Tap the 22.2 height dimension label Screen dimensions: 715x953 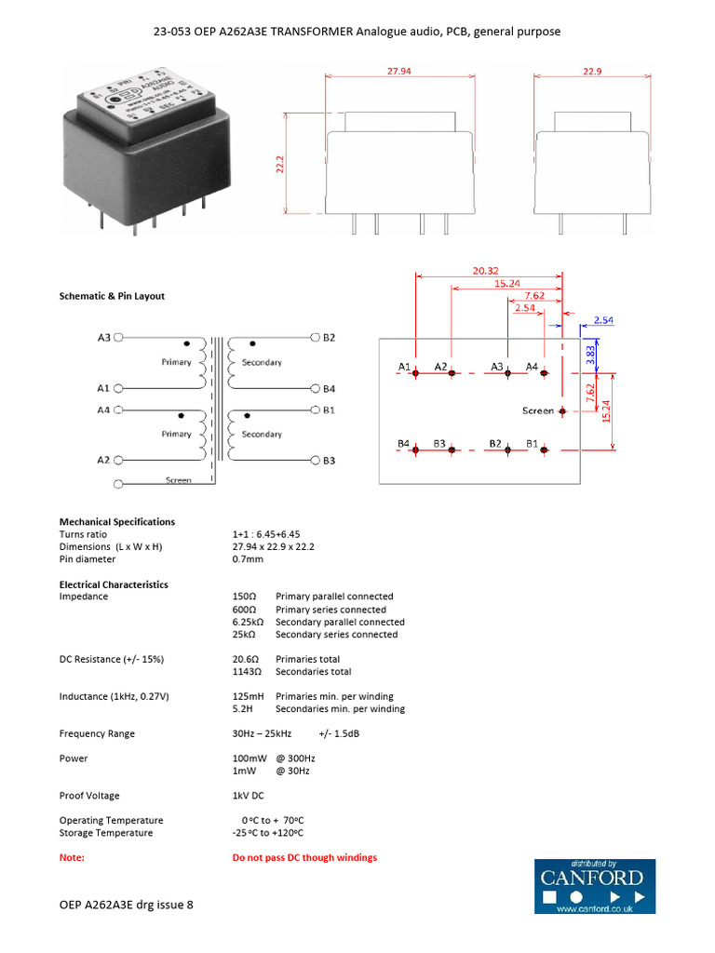(279, 165)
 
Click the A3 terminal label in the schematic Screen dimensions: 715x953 (103, 337)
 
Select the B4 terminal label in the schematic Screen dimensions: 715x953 (330, 388)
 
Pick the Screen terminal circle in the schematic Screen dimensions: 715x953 (117, 484)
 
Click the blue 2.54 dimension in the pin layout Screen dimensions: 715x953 (603, 319)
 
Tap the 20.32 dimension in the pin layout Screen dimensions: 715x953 (485, 271)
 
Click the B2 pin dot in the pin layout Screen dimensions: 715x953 (508, 450)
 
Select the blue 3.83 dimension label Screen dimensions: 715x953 (589, 353)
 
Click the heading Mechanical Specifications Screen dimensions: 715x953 (117, 522)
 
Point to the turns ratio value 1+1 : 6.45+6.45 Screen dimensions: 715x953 (266, 534)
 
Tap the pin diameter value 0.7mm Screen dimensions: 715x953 (248, 559)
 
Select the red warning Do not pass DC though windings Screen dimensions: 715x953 (304, 857)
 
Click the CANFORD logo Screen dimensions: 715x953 (594, 887)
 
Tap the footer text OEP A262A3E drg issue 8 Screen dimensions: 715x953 (127, 904)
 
